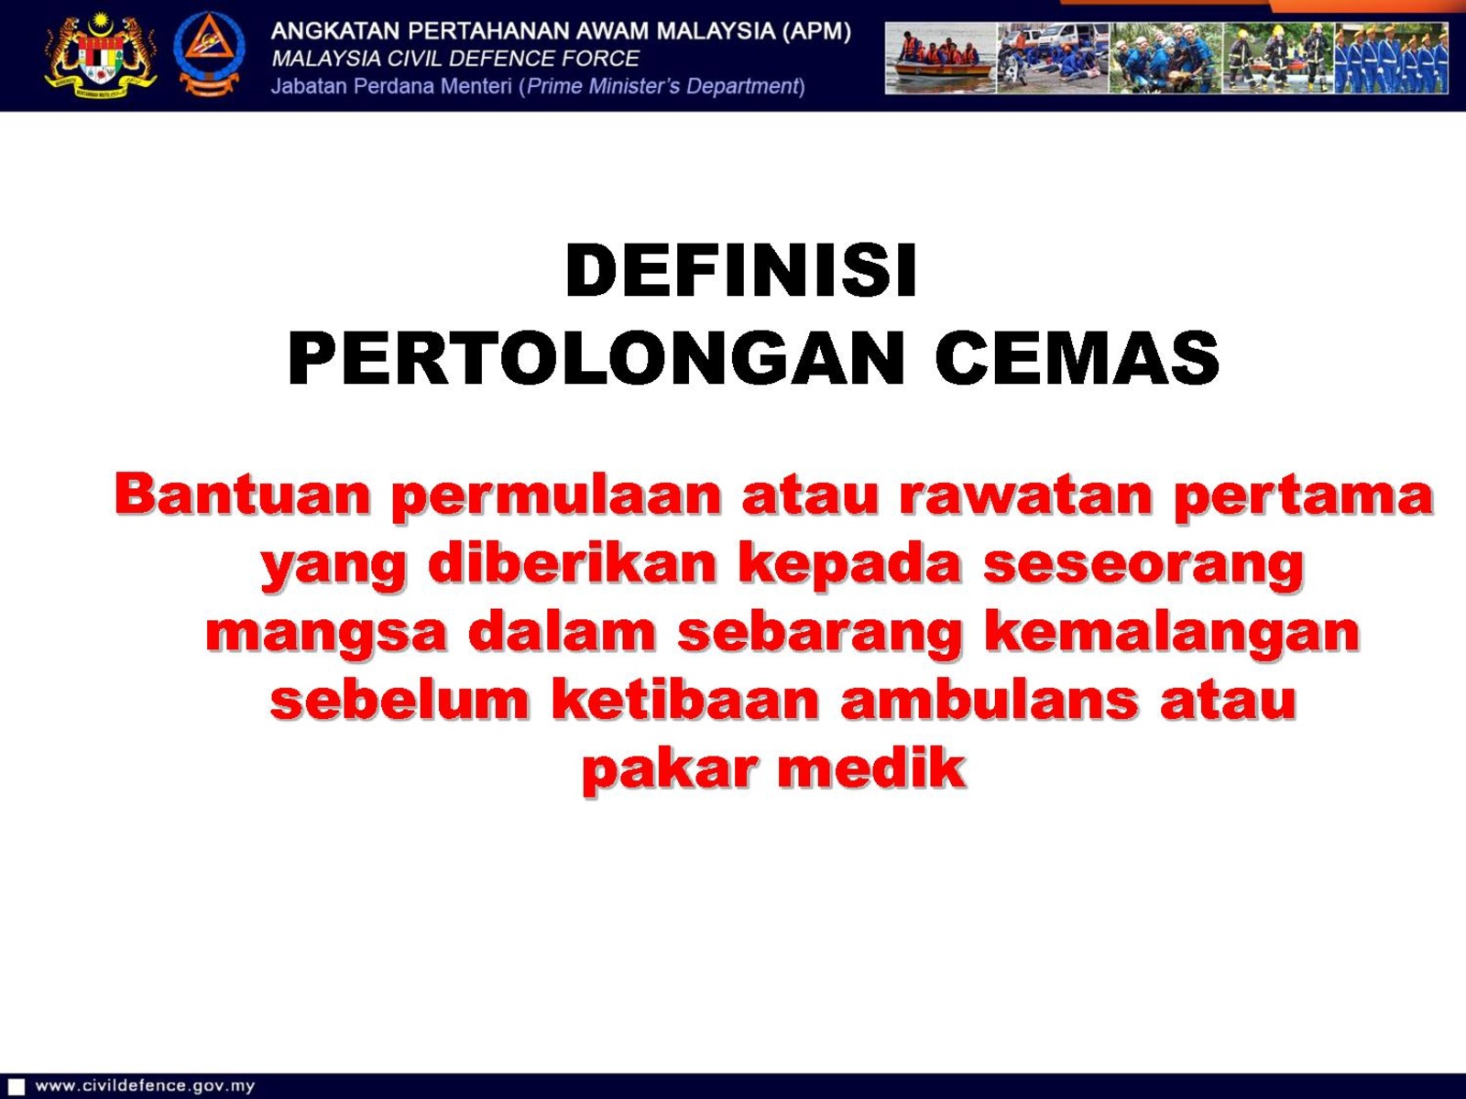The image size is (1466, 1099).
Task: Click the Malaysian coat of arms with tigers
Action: [x=101, y=56]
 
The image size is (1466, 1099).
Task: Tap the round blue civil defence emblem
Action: [x=209, y=55]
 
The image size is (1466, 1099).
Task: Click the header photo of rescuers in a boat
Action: [x=941, y=59]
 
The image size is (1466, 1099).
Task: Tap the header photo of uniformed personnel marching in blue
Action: [x=1391, y=59]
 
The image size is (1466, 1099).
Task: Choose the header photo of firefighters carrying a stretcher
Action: [x=1278, y=59]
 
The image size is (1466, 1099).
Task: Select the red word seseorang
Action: [x=1143, y=566]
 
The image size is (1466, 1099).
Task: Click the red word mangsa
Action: [x=325, y=634]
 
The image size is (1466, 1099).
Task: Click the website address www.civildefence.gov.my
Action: [x=145, y=1085]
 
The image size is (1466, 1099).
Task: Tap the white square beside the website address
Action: [x=16, y=1086]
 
